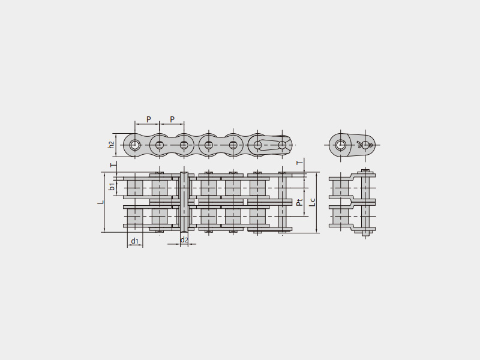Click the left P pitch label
point(148,119)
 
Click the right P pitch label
point(172,119)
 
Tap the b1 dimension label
point(112,187)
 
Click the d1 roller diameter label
point(135,241)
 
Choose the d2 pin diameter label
point(184,240)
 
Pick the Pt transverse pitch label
point(299,202)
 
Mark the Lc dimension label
point(312,202)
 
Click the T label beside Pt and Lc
point(301,161)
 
